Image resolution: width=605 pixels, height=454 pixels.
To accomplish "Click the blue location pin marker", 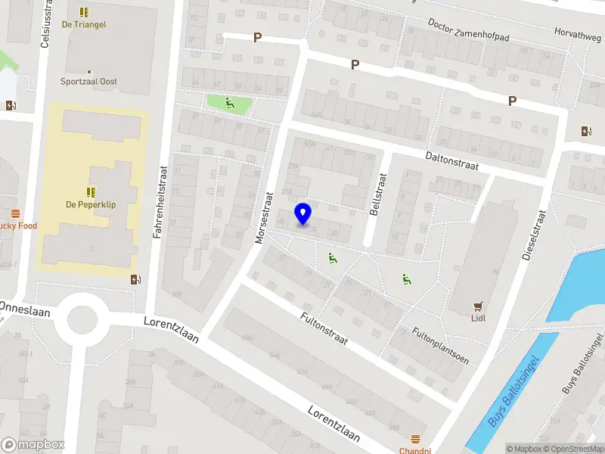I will (x=302, y=213).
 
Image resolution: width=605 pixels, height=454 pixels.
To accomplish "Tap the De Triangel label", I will (x=83, y=25).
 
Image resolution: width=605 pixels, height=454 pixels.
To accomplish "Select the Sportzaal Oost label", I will (x=89, y=82).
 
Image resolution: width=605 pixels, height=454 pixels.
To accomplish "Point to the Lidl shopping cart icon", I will (x=477, y=306).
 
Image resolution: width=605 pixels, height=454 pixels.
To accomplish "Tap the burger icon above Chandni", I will (x=415, y=439).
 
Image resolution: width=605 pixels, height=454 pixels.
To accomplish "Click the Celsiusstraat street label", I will (x=45, y=27).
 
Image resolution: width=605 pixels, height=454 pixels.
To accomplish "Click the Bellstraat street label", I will (x=375, y=195).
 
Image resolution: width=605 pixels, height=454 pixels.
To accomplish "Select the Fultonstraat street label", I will (x=324, y=329).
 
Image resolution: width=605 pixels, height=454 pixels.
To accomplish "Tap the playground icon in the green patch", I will (x=229, y=104).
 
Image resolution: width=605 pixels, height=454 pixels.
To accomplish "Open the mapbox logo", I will (x=33, y=445).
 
